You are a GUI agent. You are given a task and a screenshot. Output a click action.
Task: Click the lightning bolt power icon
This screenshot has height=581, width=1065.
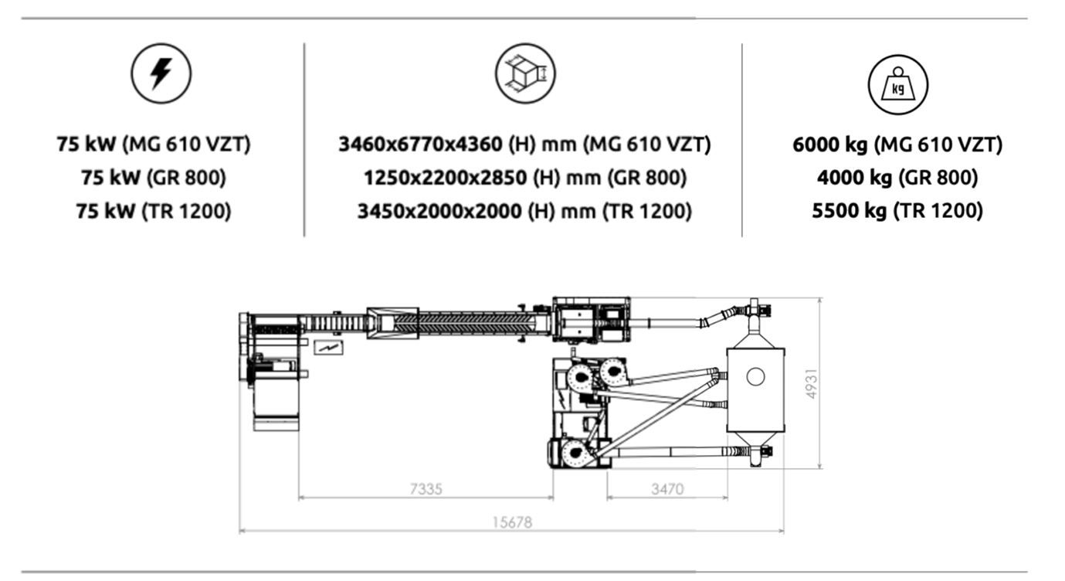coord(161,73)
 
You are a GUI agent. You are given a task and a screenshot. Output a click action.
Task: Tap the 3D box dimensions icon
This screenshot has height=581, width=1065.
coord(525,73)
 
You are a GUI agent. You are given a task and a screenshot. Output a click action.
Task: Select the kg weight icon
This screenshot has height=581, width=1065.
coord(897,85)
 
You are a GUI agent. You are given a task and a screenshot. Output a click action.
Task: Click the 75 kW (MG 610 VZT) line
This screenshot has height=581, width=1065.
coord(154,144)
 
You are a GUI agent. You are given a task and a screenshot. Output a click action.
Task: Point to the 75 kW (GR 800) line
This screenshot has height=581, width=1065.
coord(154,178)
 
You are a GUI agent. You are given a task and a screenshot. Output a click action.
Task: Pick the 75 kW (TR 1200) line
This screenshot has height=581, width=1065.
coord(154,211)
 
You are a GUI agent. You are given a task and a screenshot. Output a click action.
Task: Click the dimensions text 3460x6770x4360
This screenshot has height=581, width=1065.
coord(420,144)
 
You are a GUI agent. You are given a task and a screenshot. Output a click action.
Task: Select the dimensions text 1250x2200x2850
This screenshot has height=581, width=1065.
coord(445,178)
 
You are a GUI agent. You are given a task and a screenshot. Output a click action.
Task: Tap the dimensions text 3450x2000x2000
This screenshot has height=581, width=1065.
coord(439,211)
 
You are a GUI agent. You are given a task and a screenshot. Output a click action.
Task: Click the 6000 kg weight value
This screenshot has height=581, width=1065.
coord(830,144)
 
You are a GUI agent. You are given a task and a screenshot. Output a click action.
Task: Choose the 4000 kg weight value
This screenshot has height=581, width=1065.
coord(854,178)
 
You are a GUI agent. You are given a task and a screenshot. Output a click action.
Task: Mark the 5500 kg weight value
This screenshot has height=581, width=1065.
coord(850,211)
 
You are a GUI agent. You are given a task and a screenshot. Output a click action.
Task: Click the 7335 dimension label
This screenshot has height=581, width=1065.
coord(426,489)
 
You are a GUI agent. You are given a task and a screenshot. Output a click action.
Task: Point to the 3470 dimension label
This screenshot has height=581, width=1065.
coord(667,489)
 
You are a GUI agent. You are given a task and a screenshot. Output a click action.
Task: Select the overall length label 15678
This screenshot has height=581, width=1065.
coord(512,522)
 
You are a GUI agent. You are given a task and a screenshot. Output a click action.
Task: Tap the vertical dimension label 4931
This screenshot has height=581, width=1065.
coord(812,384)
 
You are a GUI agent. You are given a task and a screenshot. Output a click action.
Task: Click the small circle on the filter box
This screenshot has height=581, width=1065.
coord(755,376)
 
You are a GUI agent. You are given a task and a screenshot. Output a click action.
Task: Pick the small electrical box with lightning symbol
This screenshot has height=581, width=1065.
coord(328,348)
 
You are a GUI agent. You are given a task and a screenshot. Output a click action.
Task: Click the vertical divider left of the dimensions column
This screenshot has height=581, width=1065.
coord(304,140)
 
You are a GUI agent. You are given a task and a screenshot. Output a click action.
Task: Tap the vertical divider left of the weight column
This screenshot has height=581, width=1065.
coord(741,140)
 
